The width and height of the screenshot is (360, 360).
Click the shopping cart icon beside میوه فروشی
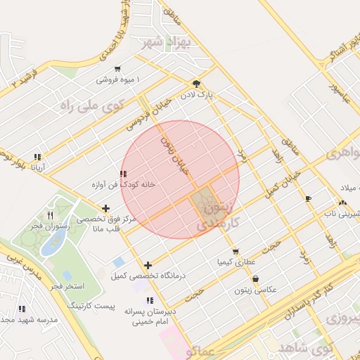click(117, 69)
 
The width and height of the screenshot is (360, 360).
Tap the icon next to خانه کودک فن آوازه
click(123, 173)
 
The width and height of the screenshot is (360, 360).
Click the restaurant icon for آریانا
click(37, 157)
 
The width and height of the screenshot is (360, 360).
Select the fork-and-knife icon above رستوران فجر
click(50, 215)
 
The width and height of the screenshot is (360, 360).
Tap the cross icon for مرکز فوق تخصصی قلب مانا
click(105, 208)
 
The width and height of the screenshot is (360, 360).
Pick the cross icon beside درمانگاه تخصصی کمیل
click(148, 265)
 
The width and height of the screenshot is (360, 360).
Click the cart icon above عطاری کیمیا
click(235, 251)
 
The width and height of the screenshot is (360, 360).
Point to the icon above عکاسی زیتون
click(255, 279)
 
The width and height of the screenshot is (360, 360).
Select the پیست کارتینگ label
click(91, 306)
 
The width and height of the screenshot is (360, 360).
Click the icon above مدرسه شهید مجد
click(22, 309)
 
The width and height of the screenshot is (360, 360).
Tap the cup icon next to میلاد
click(308, 199)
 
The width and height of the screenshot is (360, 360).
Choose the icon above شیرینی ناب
click(342, 202)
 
